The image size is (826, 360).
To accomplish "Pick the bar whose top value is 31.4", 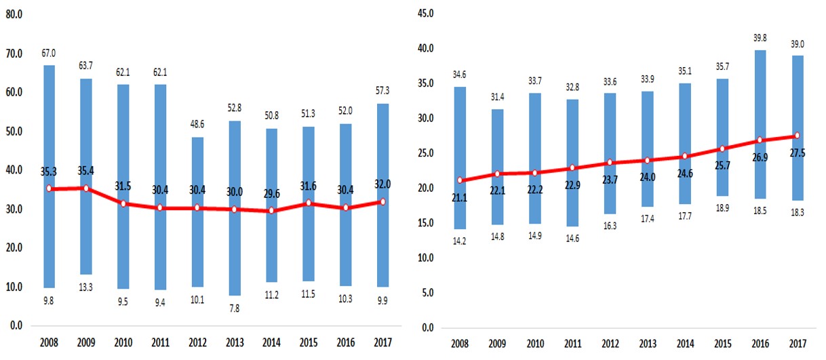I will [497, 166].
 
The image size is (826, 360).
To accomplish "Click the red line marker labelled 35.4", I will [86, 188].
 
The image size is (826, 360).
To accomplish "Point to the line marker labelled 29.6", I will [271, 210].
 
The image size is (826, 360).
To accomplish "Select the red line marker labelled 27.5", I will [797, 136].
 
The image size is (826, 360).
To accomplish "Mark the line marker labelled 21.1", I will [460, 180].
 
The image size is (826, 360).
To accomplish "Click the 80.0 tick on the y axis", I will [13, 14].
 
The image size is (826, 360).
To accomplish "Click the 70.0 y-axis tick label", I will [13, 53].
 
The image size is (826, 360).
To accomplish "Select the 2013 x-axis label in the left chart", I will [234, 342].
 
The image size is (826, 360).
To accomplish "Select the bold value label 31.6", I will [309, 184].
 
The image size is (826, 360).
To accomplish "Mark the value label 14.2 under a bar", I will [460, 241].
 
